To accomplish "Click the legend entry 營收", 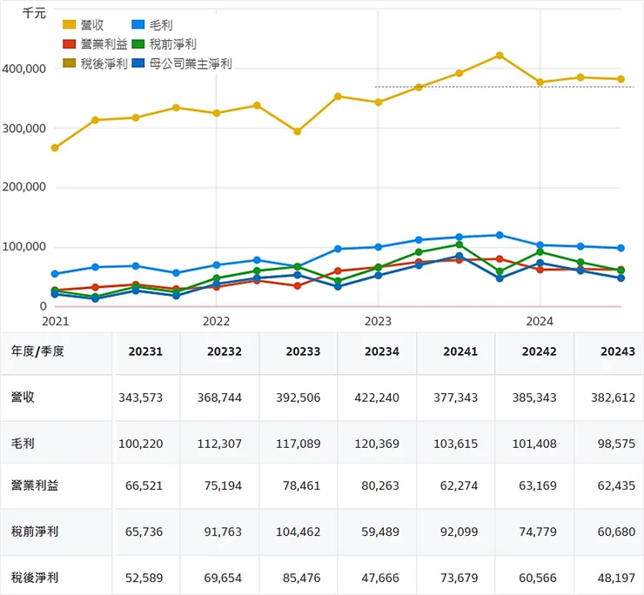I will (x=84, y=24).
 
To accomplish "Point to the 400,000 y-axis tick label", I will (x=24, y=69).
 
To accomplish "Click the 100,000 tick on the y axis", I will (x=24, y=247).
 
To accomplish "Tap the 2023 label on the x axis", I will (x=378, y=320).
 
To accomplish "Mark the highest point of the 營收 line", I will (x=500, y=56).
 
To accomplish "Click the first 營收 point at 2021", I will (x=55, y=148).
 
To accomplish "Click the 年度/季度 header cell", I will (x=37, y=351).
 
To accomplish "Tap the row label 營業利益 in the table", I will (x=34, y=485).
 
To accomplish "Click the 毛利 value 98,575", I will (x=616, y=443).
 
